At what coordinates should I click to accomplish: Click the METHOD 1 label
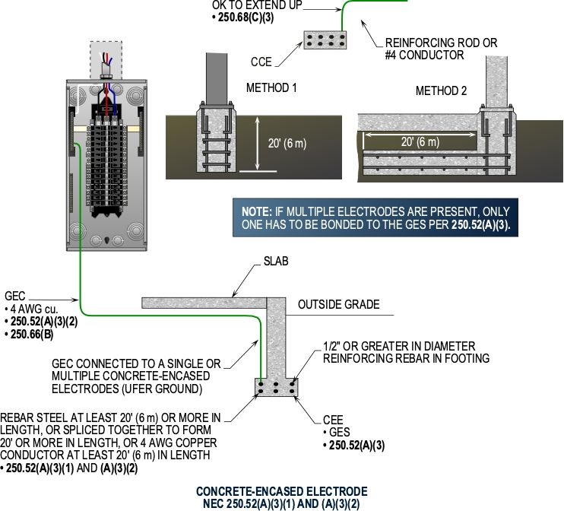click(x=271, y=87)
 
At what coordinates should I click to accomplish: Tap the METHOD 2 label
click(x=441, y=90)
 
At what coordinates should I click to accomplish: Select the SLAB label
click(x=276, y=261)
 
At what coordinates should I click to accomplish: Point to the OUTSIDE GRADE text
click(x=338, y=304)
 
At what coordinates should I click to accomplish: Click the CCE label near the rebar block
click(x=261, y=62)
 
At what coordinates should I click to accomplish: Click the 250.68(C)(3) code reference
click(x=246, y=17)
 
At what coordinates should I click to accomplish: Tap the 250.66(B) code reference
click(x=32, y=335)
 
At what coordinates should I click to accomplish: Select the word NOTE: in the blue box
click(x=257, y=211)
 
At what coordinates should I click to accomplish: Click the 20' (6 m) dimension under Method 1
click(x=287, y=143)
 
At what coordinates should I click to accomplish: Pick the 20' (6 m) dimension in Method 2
click(x=420, y=141)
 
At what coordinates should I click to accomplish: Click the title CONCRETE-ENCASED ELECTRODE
click(x=282, y=491)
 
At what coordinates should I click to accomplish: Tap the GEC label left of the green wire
click(x=14, y=296)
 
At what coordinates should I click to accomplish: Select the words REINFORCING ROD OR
click(x=441, y=43)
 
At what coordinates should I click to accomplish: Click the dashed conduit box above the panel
click(x=106, y=60)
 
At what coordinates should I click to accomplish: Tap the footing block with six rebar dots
click(x=276, y=388)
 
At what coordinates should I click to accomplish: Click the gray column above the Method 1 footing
click(x=217, y=78)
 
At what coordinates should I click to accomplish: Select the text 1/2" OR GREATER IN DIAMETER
click(x=399, y=346)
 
